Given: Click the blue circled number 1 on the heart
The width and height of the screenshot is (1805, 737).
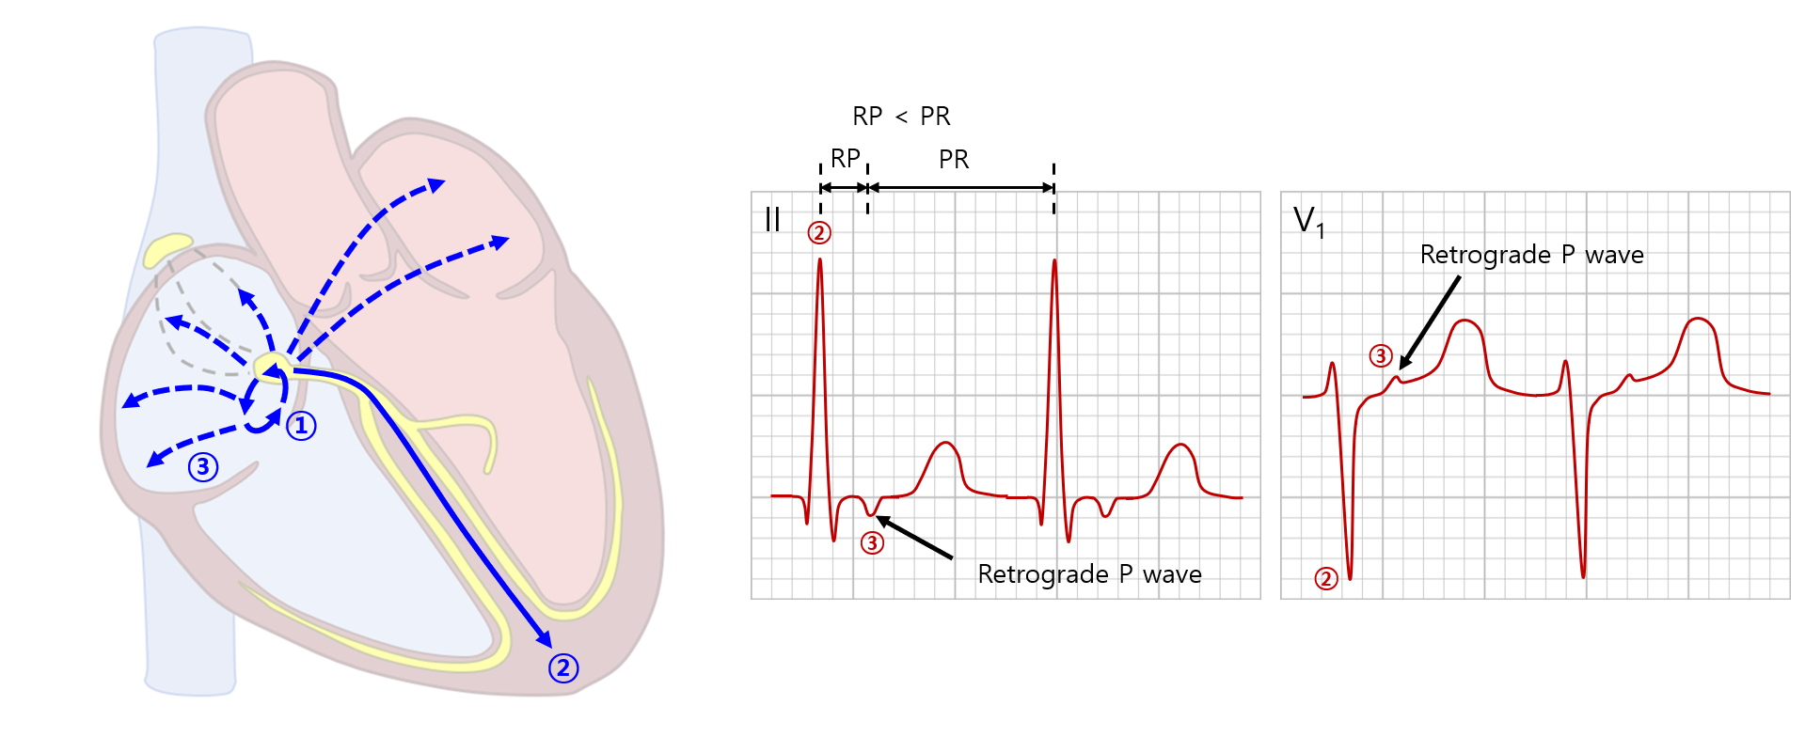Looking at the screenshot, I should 301,426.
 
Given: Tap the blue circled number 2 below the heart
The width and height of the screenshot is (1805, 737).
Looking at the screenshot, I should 563,668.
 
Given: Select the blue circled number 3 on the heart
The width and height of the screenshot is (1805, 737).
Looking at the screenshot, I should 203,467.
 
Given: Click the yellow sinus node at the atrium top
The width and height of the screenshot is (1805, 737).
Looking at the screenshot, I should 166,248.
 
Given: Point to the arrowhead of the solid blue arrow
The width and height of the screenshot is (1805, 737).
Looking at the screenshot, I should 545,639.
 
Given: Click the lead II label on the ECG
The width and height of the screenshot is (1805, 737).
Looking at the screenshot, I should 772,219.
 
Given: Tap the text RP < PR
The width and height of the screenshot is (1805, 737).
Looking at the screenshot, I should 901,117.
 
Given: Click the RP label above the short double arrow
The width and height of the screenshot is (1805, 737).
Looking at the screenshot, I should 845,159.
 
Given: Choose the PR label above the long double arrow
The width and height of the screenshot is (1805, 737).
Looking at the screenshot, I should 954,160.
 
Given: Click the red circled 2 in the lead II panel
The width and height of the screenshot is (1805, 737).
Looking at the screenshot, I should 819,233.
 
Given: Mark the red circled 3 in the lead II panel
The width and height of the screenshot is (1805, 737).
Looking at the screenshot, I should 873,542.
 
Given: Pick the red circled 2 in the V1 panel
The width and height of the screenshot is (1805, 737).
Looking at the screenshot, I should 1326,578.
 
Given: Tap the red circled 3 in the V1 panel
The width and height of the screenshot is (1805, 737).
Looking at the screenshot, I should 1380,356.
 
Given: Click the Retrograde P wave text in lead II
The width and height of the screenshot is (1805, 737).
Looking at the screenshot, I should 1089,574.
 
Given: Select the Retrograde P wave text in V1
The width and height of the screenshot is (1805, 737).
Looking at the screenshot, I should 1531,255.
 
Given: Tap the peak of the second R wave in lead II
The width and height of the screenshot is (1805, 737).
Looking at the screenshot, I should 1054,261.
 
